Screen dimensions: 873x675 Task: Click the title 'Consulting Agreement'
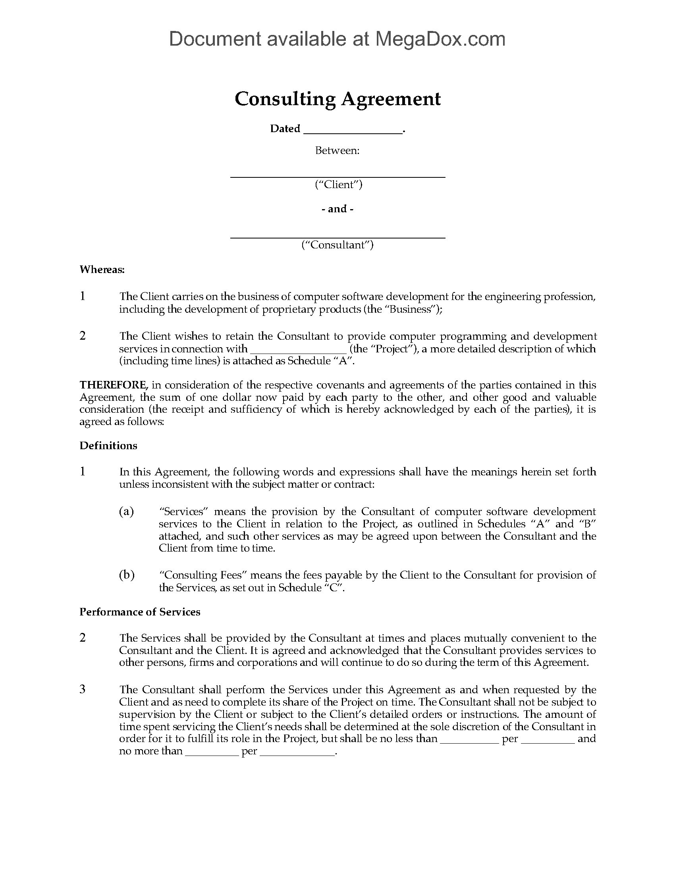coord(337,99)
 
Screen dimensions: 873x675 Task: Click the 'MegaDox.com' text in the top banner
coord(440,39)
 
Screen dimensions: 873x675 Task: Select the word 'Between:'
coord(337,150)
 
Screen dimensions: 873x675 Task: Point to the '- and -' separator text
coord(337,209)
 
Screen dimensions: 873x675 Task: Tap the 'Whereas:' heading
coord(102,269)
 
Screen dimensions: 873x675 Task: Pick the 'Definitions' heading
coord(108,446)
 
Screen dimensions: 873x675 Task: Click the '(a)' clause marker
coord(126,511)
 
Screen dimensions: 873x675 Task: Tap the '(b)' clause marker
coord(127,575)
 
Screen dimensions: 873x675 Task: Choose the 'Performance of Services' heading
coord(140,612)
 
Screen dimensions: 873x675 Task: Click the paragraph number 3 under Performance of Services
coord(83,689)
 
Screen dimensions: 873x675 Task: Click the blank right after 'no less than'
coord(469,740)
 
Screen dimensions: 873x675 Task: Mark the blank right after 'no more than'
coord(212,752)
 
